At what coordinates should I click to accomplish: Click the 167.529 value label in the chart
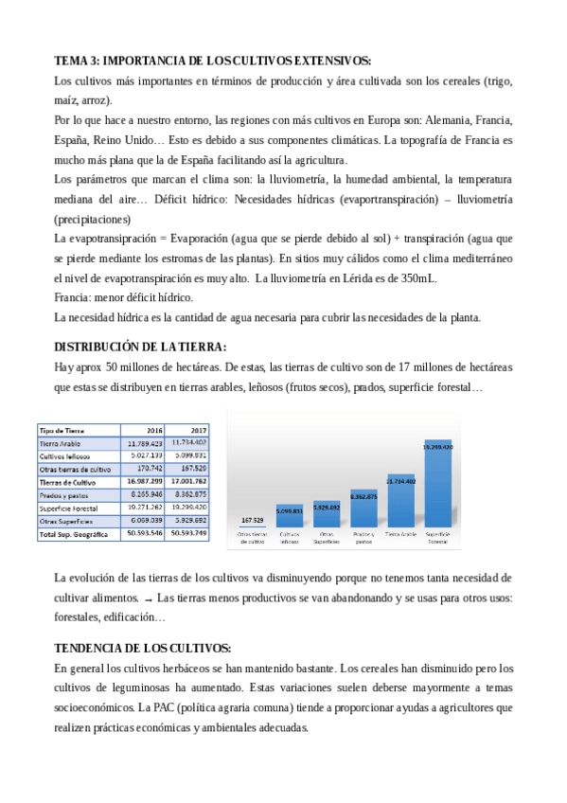click(252, 520)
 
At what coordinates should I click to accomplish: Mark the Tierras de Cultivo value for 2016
click(145, 481)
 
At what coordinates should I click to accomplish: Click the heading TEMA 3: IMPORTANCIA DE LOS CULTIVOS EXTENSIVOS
click(213, 60)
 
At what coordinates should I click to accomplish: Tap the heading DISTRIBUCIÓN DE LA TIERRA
click(140, 348)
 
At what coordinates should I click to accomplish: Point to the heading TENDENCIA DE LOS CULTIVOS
click(142, 649)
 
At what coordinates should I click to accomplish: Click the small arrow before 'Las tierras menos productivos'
click(148, 599)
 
